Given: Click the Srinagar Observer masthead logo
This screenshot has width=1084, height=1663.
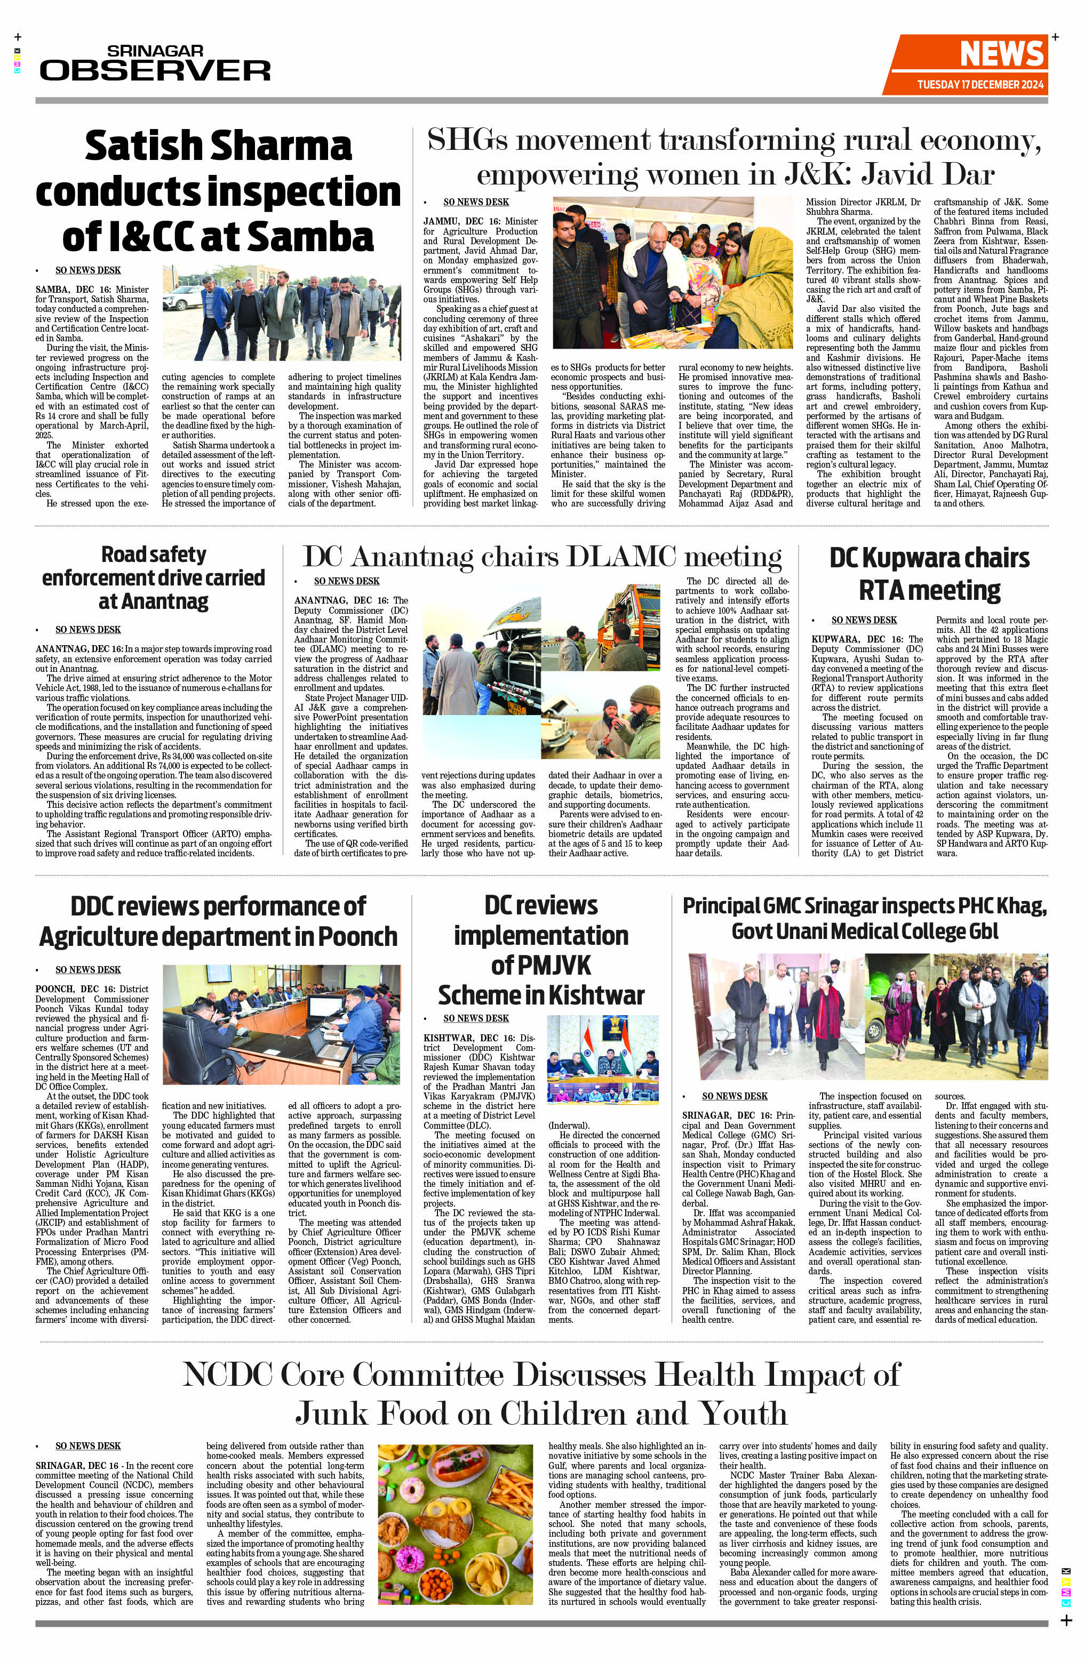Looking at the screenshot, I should [x=155, y=63].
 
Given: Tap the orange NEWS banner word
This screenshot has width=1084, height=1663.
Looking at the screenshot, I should [x=1001, y=54].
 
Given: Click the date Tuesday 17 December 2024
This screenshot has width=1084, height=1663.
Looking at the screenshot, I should [x=980, y=85].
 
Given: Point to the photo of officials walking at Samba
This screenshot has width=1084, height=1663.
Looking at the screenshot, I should [x=282, y=312].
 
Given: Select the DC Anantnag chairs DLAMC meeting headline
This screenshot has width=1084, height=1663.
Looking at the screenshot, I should [x=541, y=557].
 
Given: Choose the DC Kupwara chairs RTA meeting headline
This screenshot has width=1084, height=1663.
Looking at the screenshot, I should [x=929, y=574].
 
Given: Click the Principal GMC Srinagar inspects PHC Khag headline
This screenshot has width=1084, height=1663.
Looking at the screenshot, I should [x=865, y=918].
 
